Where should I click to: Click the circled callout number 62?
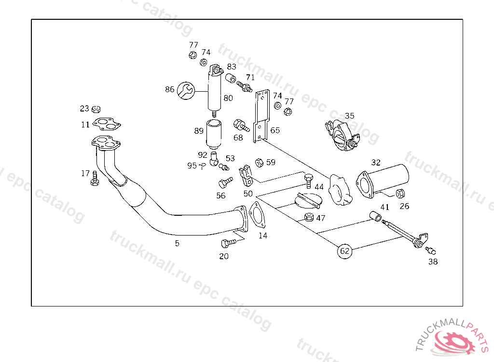pyautogui.click(x=344, y=251)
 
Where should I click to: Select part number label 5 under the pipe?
pyautogui.click(x=177, y=244)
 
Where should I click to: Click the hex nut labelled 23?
pyautogui.click(x=96, y=109)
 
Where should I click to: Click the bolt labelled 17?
pyautogui.click(x=95, y=179)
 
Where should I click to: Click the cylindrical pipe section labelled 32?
pyautogui.click(x=384, y=180)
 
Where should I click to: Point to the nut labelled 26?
pyautogui.click(x=400, y=194)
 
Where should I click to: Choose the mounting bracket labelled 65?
pyautogui.click(x=261, y=116)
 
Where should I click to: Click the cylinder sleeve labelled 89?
pyautogui.click(x=213, y=135)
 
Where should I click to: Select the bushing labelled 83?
pyautogui.click(x=231, y=78)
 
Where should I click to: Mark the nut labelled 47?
pyautogui.click(x=309, y=217)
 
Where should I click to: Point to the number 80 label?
pyautogui.click(x=228, y=98)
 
